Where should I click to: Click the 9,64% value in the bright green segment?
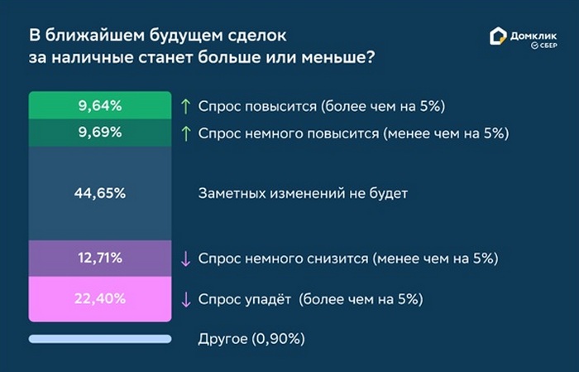100,106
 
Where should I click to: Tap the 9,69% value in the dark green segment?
100,133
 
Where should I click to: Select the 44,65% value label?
100,193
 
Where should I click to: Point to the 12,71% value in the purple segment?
100,258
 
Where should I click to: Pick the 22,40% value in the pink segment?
100,298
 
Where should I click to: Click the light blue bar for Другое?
100,339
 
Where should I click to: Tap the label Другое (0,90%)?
251,339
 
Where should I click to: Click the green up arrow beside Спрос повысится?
186,107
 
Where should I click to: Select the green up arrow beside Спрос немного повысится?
186,133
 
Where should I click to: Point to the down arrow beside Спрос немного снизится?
186,258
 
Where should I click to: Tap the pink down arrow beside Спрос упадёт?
186,300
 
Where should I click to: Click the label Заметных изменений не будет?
303,193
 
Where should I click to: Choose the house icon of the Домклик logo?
498,36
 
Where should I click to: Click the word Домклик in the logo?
534,36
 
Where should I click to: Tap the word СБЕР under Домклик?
548,46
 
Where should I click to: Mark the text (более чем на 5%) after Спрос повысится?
383,107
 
